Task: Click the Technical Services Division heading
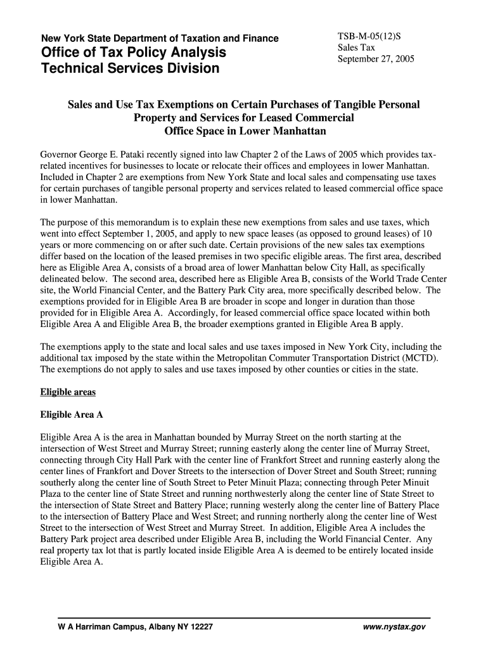(x=130, y=68)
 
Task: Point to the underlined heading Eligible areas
(x=68, y=392)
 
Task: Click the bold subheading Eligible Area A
(x=71, y=415)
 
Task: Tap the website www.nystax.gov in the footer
(x=394, y=627)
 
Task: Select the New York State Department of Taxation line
(x=159, y=38)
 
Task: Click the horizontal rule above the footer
(x=244, y=617)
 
